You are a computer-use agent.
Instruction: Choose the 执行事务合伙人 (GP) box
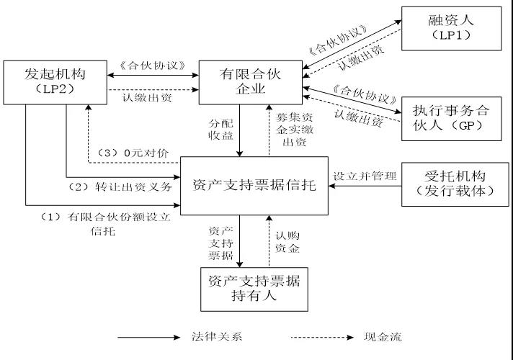(446, 117)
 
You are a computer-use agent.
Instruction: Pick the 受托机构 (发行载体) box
(451, 183)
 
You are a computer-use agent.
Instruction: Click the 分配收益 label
(222, 128)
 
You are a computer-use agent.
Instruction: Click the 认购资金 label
(287, 241)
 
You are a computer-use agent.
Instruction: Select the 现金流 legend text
(382, 337)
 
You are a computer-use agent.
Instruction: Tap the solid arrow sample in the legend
(147, 337)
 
